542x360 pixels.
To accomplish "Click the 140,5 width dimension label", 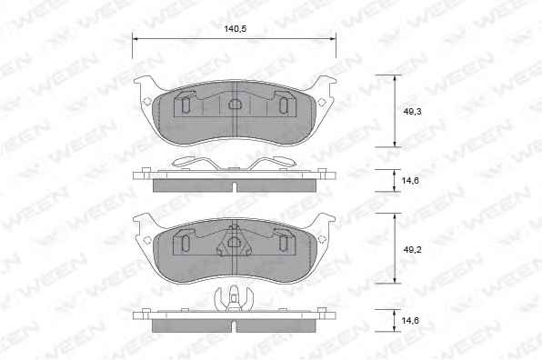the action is coord(235,29).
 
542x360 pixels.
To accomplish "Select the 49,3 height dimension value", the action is coord(412,112).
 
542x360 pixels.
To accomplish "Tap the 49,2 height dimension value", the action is coord(412,249).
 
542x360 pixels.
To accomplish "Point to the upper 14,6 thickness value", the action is coord(410,180).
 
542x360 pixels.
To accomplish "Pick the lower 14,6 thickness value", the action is coord(410,321).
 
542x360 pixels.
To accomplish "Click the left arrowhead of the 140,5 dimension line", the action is coord(135,39).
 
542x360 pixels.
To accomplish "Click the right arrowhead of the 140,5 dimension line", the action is coord(333,39).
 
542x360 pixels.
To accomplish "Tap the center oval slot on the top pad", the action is coord(235,104).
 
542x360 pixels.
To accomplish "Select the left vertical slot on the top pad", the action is coord(186,105).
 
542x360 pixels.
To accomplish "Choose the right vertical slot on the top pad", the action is coord(283,105).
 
